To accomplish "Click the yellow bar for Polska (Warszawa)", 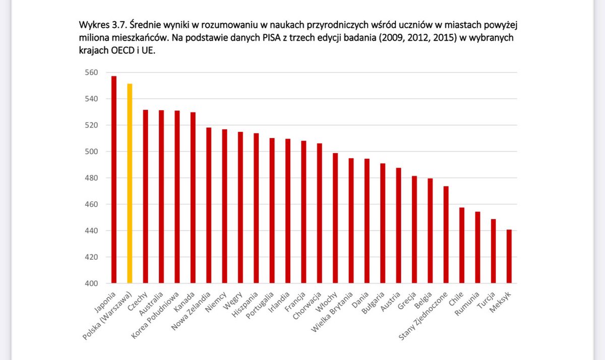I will [130, 184].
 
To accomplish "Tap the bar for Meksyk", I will [509, 257].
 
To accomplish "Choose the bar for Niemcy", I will [225, 207].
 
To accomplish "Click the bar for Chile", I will [462, 246].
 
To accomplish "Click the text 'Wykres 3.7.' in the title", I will [103, 26].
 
